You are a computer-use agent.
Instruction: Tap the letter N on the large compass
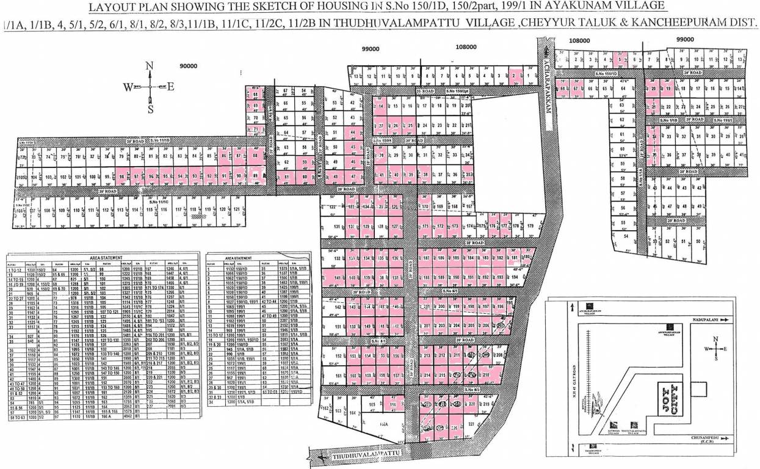[150, 66]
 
